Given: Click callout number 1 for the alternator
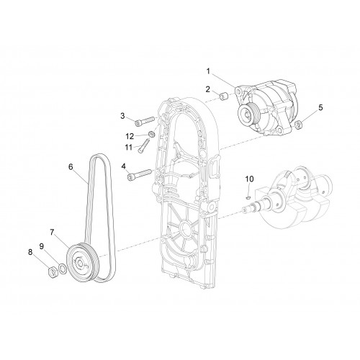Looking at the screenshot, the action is click(208, 71).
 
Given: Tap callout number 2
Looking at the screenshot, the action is click(207, 89).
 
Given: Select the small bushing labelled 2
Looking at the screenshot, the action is click(224, 98).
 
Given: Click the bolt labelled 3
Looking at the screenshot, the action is click(146, 121).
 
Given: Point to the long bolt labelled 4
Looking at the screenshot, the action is click(140, 175).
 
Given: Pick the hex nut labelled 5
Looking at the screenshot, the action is click(298, 125).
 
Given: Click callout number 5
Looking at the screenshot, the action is click(320, 108).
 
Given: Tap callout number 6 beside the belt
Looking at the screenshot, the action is click(71, 166).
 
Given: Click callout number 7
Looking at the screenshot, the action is click(52, 232).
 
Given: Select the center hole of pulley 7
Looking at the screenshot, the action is click(80, 264).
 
